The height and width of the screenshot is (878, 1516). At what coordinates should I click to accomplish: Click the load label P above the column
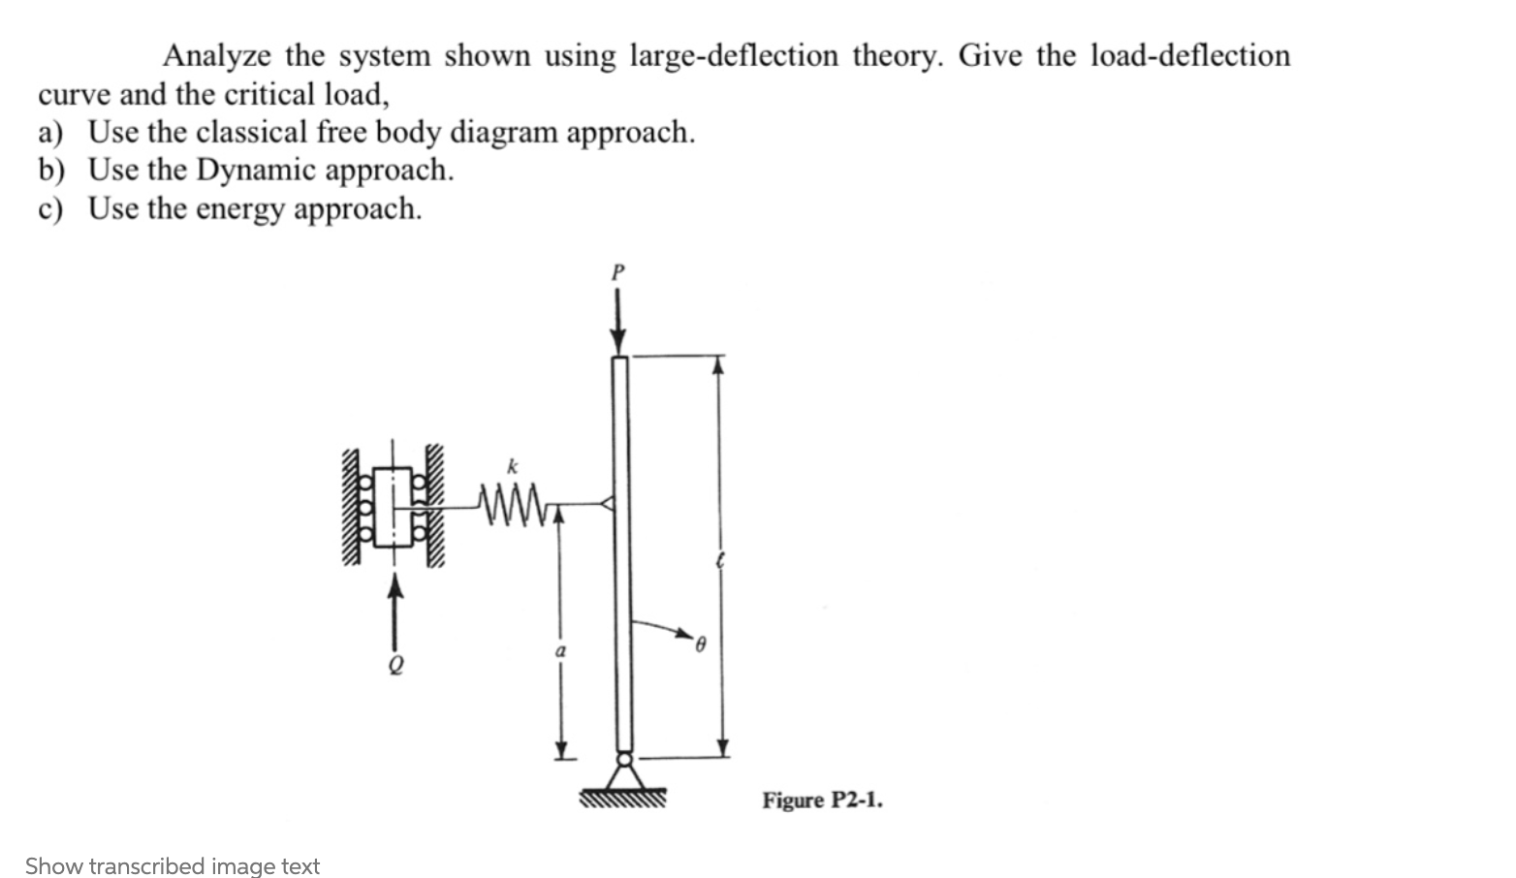tap(617, 272)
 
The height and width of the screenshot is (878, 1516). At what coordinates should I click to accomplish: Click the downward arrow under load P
tap(617, 325)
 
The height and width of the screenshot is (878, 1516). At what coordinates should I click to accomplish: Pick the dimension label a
tap(559, 653)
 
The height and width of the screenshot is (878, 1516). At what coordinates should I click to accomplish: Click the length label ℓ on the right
tap(719, 561)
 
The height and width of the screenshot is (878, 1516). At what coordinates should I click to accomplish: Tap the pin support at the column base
tap(623, 770)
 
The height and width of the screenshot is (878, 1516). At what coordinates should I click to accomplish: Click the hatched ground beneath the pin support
tap(622, 800)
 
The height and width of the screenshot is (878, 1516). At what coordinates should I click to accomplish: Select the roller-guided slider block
tap(393, 506)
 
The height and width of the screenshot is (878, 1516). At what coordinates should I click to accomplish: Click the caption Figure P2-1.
tap(822, 800)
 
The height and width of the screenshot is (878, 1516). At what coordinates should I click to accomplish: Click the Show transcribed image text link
tap(173, 865)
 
